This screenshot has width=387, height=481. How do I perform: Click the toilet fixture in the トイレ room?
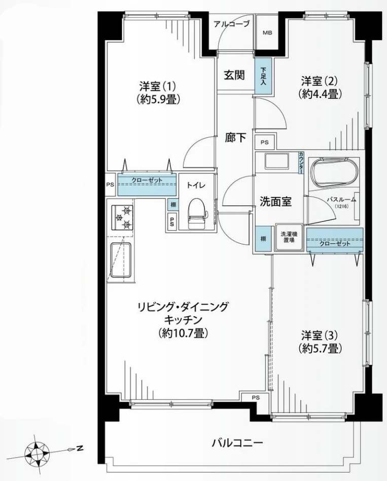(x=196, y=213)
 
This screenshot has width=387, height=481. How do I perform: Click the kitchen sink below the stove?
(x=120, y=260)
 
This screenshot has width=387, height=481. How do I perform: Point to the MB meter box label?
(x=267, y=33)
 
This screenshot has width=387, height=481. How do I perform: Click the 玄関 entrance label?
(x=234, y=75)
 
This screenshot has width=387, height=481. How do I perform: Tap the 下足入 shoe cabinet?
(x=263, y=76)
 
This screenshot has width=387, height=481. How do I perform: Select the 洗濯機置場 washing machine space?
(x=289, y=237)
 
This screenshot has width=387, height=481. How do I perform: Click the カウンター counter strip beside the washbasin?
(x=301, y=163)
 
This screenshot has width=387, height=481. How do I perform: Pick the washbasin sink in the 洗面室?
(x=276, y=161)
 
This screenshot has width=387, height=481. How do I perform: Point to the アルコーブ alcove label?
(x=232, y=24)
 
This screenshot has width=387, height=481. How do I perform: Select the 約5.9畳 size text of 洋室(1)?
(x=158, y=100)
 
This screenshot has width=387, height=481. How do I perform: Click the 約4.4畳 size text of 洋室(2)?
(x=320, y=94)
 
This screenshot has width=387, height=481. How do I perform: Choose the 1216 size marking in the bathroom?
(x=341, y=206)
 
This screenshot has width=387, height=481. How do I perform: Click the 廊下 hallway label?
(x=235, y=138)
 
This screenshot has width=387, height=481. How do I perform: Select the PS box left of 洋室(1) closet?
(x=110, y=184)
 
